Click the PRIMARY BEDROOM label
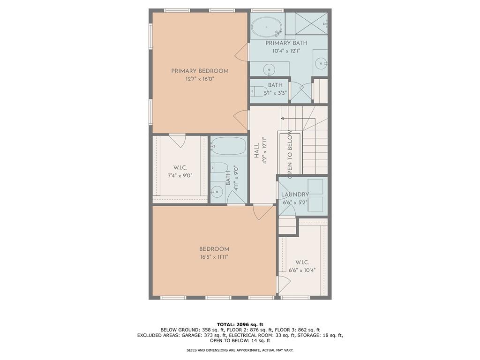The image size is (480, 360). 200,71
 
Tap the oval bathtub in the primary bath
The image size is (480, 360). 265,27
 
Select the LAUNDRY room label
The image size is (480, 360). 295,195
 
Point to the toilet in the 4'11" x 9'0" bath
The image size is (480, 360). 219,167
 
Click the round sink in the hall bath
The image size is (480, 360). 217,191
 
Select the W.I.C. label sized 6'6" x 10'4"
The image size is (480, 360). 302,262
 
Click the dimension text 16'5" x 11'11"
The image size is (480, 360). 214,257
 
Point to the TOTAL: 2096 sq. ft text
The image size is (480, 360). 240,324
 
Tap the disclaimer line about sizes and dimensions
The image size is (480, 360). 240,350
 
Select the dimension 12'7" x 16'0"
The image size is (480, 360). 200,79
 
